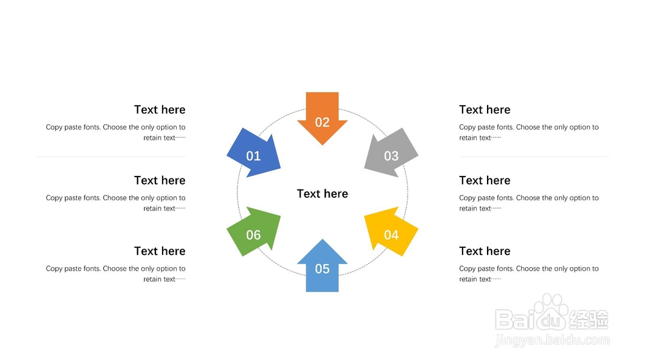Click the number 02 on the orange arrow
click(x=322, y=122)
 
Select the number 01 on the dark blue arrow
click(x=253, y=156)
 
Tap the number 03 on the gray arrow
click(x=392, y=156)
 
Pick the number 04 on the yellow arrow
click(x=392, y=235)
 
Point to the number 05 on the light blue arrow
click(x=322, y=269)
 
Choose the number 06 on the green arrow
click(x=253, y=235)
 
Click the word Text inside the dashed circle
click(x=309, y=194)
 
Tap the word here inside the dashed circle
click(x=336, y=194)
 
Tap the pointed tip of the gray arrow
click(x=365, y=169)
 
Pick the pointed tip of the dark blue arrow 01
click(x=280, y=169)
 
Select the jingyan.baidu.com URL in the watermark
click(x=551, y=340)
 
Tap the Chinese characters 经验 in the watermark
click(x=589, y=319)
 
